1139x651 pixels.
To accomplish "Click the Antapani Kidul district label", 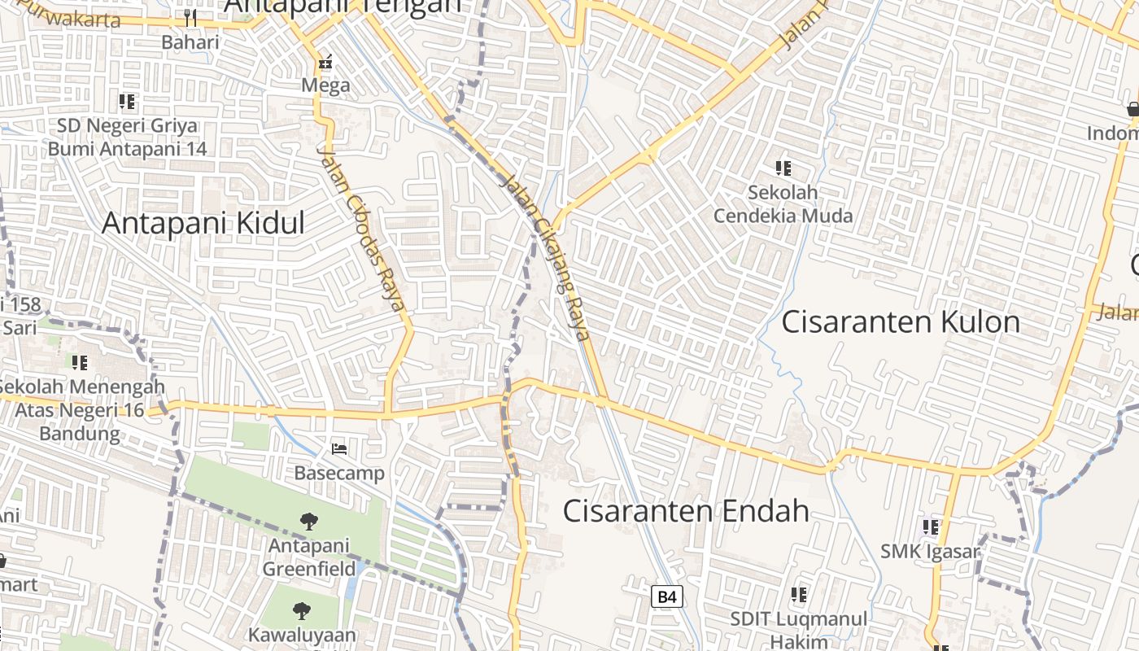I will point(203,223).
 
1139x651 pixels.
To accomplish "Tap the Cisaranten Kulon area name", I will point(901,321).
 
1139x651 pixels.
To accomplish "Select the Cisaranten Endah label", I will point(686,510).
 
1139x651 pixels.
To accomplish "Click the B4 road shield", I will point(666,596).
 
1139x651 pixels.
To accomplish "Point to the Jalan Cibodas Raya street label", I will point(360,229).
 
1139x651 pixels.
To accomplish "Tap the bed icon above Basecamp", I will point(339,448).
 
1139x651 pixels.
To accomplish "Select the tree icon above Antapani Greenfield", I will point(308,521).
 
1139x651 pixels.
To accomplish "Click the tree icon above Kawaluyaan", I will point(302,609).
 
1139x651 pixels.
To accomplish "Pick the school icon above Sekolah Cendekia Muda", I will point(783,168).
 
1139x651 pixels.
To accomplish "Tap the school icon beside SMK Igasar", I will point(931,527).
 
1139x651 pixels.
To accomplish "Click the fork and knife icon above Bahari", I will point(190,17).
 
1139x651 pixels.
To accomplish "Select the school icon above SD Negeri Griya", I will point(126,102).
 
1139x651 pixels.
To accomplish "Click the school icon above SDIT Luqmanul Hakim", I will point(798,595).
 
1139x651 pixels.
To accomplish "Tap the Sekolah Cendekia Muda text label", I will point(783,204).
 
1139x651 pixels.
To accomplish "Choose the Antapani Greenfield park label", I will point(308,557).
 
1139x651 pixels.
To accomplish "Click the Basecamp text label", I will point(339,473).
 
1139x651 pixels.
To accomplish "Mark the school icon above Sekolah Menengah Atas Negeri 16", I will point(79,362).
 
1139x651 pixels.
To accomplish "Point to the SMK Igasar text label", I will point(930,552).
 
